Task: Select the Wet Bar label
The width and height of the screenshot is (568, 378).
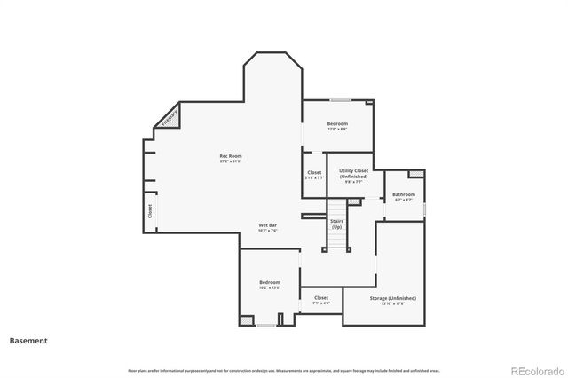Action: pos(269,225)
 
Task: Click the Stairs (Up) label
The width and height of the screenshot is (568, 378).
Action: pos(337,224)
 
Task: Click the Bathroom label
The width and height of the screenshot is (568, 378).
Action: pos(404,194)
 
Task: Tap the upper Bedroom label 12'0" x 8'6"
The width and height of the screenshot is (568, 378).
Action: pos(337,123)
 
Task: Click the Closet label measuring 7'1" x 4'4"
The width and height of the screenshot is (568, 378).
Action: pos(320,298)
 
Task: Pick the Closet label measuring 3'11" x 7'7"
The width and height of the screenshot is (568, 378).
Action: pos(314,172)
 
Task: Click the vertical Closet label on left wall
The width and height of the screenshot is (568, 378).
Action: pos(150,211)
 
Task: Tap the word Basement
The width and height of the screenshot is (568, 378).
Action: pos(28,340)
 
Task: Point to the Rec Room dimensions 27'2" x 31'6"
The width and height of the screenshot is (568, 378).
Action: pos(231,161)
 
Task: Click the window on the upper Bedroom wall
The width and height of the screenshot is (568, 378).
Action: pos(341,99)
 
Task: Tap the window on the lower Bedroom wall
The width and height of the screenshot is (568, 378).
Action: pos(264,326)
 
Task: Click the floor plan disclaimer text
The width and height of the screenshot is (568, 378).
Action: pos(283,370)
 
